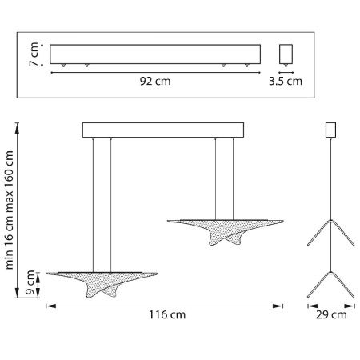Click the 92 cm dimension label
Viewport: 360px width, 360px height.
tap(155, 81)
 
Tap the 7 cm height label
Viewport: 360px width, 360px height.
tap(34, 54)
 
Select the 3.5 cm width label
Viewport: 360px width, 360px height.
tap(286, 81)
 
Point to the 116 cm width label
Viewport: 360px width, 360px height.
tap(167, 314)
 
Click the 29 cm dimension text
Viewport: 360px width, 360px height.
tap(331, 315)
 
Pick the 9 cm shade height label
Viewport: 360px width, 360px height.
tap(30, 282)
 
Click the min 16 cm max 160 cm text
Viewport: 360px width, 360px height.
tap(10, 210)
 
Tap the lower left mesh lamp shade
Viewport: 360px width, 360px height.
tap(102, 283)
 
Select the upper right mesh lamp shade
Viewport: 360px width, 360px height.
tap(226, 231)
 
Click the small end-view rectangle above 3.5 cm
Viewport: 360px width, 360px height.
tap(286, 54)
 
